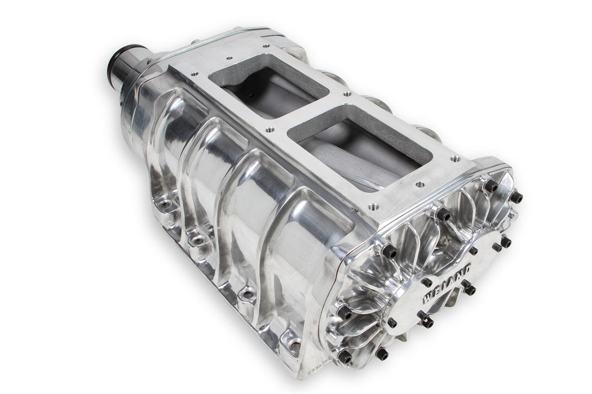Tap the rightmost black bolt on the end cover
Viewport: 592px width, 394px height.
516,198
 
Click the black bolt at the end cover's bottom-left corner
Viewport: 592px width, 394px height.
344,356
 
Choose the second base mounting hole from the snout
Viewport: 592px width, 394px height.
198,241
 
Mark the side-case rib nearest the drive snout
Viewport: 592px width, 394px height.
169,141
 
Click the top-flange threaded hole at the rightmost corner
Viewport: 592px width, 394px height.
453,159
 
